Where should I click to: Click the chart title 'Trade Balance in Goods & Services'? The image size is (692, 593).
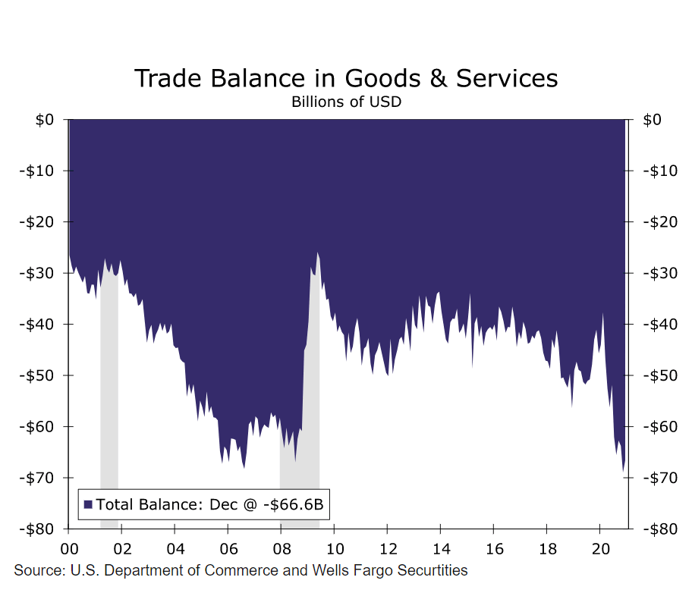click(345, 78)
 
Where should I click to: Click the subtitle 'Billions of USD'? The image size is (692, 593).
click(345, 102)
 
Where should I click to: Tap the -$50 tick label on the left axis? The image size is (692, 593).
click(36, 375)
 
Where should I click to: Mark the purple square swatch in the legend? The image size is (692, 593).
click(88, 504)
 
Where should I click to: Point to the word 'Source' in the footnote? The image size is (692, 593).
click(36, 570)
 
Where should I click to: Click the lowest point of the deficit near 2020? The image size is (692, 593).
click(624, 471)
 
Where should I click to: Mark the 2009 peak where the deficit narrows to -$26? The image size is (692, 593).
click(318, 253)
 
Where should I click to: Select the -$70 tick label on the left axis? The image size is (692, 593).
click(36, 478)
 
